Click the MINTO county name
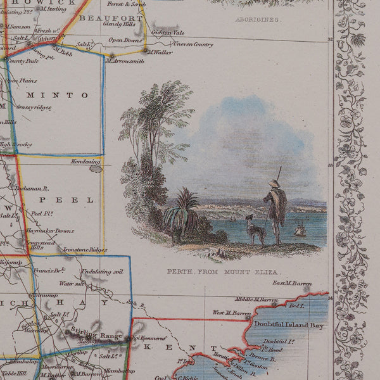57,96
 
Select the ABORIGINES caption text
258,20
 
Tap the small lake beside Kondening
96,168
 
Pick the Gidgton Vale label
167,32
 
